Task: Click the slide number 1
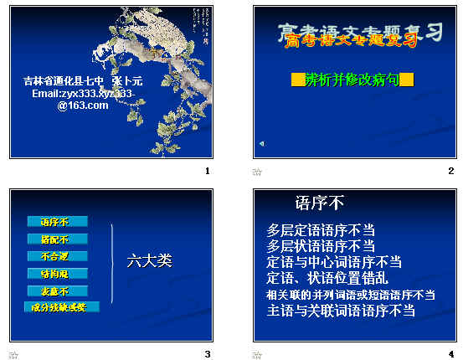pyautogui.click(x=207, y=171)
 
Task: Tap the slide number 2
pyautogui.click(x=450, y=171)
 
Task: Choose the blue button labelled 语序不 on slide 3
pyautogui.click(x=57, y=222)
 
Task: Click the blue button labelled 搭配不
pyautogui.click(x=57, y=239)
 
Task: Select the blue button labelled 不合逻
pyautogui.click(x=57, y=256)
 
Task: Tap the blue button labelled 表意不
pyautogui.click(x=57, y=291)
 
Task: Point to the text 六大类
pyautogui.click(x=149, y=260)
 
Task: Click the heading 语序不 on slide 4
pyautogui.click(x=320, y=203)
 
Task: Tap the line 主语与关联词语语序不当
pyautogui.click(x=341, y=311)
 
